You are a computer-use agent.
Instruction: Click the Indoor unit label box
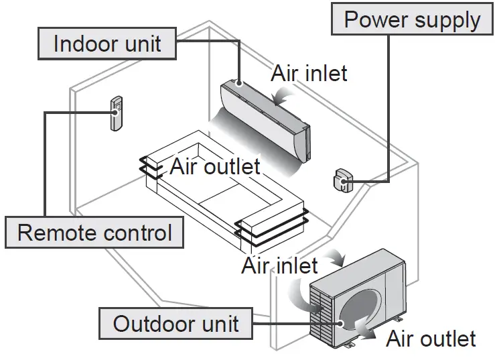(x=107, y=44)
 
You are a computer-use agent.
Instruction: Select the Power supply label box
(x=411, y=20)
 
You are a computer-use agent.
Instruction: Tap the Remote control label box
(x=94, y=233)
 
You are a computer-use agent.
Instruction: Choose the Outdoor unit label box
(x=175, y=324)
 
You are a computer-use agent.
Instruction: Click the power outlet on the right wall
(x=340, y=180)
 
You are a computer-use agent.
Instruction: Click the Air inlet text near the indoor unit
(x=309, y=73)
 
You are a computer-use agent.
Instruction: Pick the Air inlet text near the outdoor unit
(x=279, y=266)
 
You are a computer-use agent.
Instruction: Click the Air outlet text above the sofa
(x=214, y=166)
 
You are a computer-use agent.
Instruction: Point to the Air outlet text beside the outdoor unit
(x=431, y=339)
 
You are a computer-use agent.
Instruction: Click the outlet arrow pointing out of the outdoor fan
(x=366, y=328)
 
